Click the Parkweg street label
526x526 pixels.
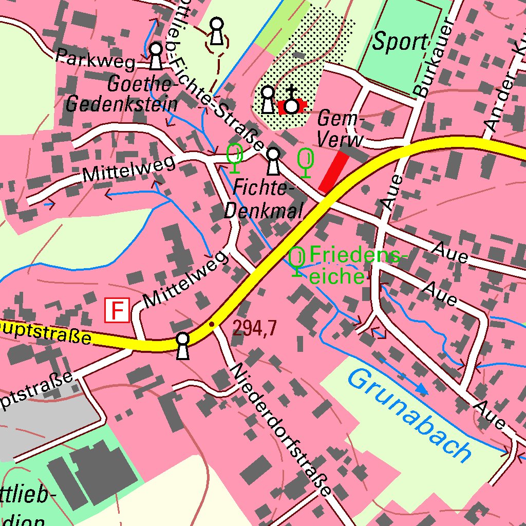pyautogui.click(x=96, y=59)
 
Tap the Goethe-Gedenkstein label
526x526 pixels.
pyautogui.click(x=122, y=95)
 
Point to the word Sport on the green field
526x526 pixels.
pyautogui.click(x=400, y=42)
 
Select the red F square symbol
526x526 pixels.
pyautogui.click(x=117, y=310)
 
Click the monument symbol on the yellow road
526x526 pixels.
pyautogui.click(x=182, y=345)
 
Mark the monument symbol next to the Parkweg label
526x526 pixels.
pyautogui.click(x=156, y=55)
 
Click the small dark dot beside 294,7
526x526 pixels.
pyautogui.click(x=211, y=324)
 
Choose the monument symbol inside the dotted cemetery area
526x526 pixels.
pyautogui.click(x=268, y=99)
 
